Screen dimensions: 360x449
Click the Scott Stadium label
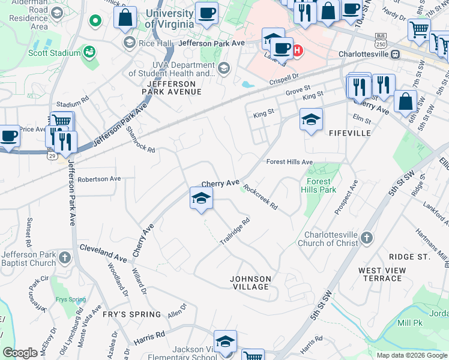(x=54, y=53)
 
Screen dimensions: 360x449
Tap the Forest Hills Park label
(x=319, y=185)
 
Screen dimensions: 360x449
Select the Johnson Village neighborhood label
(x=251, y=283)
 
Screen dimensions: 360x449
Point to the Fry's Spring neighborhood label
(x=131, y=314)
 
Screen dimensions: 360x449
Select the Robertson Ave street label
(x=99, y=179)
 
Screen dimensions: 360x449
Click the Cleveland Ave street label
(x=103, y=252)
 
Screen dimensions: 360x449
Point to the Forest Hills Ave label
(x=290, y=162)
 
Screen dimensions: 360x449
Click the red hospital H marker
(x=298, y=50)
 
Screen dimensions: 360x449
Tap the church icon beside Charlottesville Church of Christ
(x=366, y=239)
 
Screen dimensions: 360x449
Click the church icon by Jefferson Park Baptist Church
(x=65, y=259)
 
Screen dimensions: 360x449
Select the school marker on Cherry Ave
(x=201, y=199)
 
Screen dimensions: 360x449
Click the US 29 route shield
(x=52, y=156)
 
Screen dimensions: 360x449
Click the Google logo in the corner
(x=20, y=353)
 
